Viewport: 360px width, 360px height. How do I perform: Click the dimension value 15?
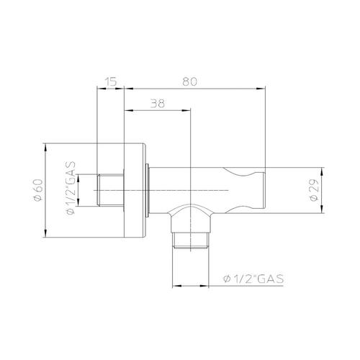coord(111,81)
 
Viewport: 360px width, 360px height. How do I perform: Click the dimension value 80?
coord(189,81)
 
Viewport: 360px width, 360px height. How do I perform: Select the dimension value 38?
coord(158,104)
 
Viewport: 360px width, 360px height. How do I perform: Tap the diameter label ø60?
coord(38,190)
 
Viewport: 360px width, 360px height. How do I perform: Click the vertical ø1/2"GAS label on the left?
coord(71,188)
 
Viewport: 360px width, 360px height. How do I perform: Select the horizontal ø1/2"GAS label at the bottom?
coord(253,279)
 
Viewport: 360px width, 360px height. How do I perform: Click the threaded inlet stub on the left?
coord(111,190)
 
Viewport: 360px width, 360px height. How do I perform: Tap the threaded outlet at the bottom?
coord(191,240)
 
